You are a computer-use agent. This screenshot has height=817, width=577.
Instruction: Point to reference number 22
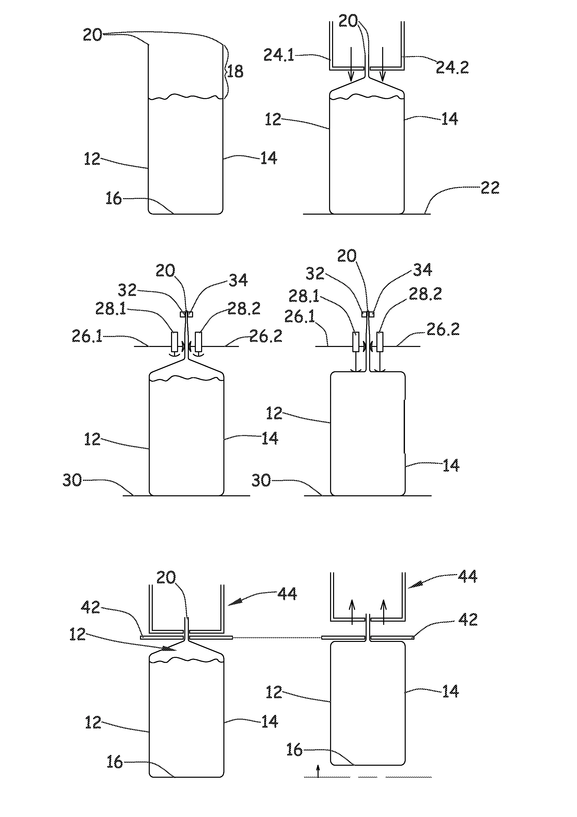pos(490,188)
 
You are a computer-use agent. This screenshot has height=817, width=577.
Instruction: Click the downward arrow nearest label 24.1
pos(351,64)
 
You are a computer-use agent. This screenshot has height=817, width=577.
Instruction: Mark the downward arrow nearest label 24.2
pos(383,64)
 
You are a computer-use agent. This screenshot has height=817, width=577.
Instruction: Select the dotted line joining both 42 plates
pos(277,638)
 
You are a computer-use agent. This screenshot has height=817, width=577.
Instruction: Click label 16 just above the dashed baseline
pos(294,750)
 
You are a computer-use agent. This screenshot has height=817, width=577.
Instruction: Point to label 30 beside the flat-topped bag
pos(261,480)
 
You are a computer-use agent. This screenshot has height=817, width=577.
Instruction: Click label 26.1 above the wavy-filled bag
pos(87,336)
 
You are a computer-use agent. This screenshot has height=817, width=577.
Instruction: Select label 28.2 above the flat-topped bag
pos(425,294)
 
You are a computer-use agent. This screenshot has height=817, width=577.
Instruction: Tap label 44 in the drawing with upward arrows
pos(467,576)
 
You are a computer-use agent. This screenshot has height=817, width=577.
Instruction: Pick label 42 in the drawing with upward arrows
pos(468,620)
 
